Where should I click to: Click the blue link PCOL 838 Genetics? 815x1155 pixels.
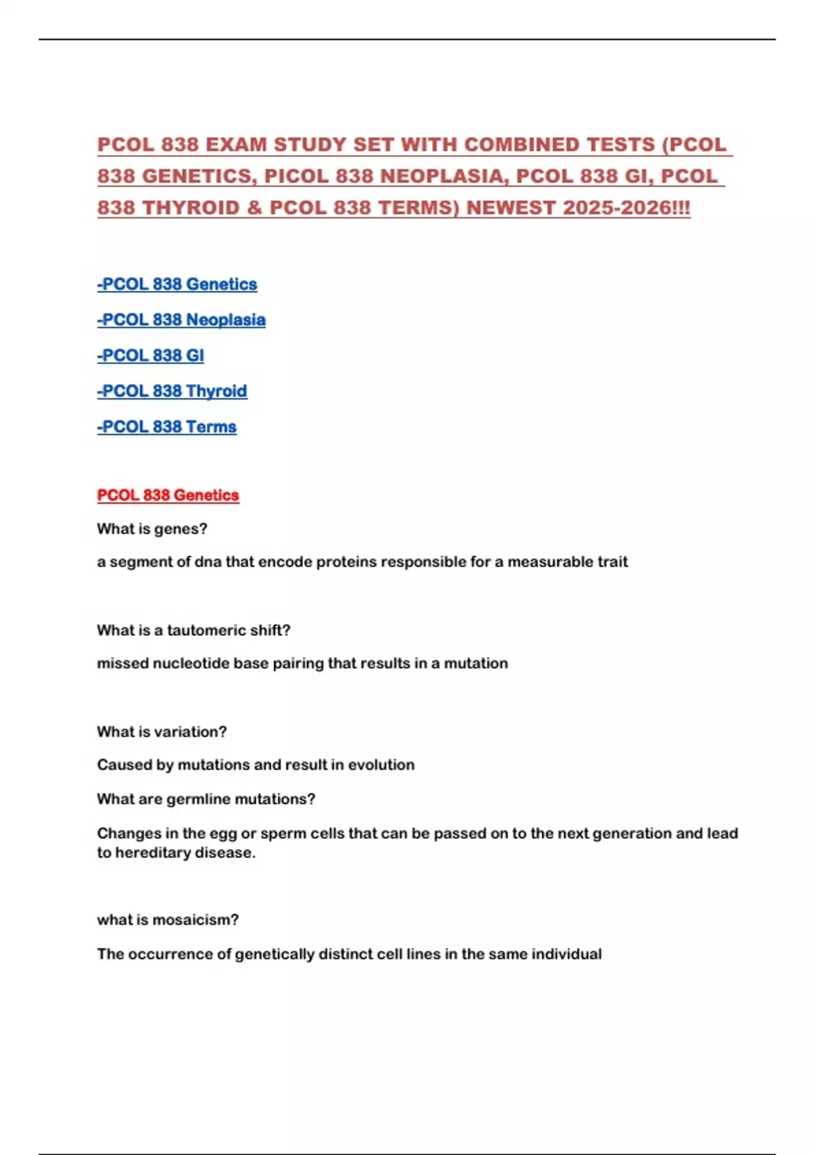pos(177,284)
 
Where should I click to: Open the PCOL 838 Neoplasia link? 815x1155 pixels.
pos(181,320)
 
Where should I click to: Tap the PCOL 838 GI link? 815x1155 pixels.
pos(151,355)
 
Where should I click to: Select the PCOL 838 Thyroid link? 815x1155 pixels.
pos(173,391)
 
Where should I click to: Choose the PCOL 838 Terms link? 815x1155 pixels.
pos(167,427)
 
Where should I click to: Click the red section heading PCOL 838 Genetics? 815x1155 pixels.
pos(168,495)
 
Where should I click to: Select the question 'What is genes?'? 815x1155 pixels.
pos(152,529)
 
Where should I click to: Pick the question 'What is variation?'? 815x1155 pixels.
pos(162,732)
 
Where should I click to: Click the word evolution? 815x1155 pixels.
pos(381,765)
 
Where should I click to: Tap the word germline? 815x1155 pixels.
pos(198,799)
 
